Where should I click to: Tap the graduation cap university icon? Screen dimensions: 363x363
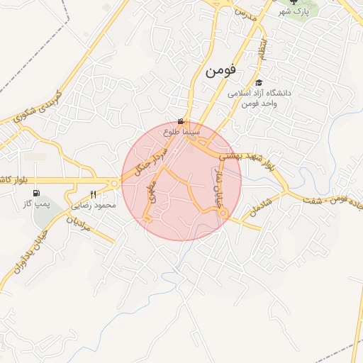pos(257,83)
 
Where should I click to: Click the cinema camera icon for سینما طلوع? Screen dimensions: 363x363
pos(182,121)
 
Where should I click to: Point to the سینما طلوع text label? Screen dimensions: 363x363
pos(182,132)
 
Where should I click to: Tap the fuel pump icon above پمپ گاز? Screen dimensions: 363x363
pos(36,193)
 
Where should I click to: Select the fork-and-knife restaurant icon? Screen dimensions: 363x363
pos(93,194)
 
